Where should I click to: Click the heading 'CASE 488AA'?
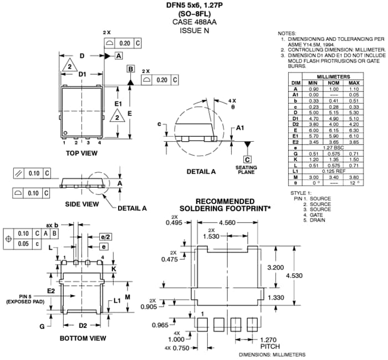[x=194, y=22]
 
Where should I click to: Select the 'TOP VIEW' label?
[x=81, y=153]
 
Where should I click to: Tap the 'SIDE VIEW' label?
[x=81, y=204]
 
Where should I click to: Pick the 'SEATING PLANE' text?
[x=246, y=169]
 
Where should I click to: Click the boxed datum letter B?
[x=131, y=69]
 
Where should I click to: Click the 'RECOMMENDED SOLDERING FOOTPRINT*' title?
[x=225, y=204]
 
